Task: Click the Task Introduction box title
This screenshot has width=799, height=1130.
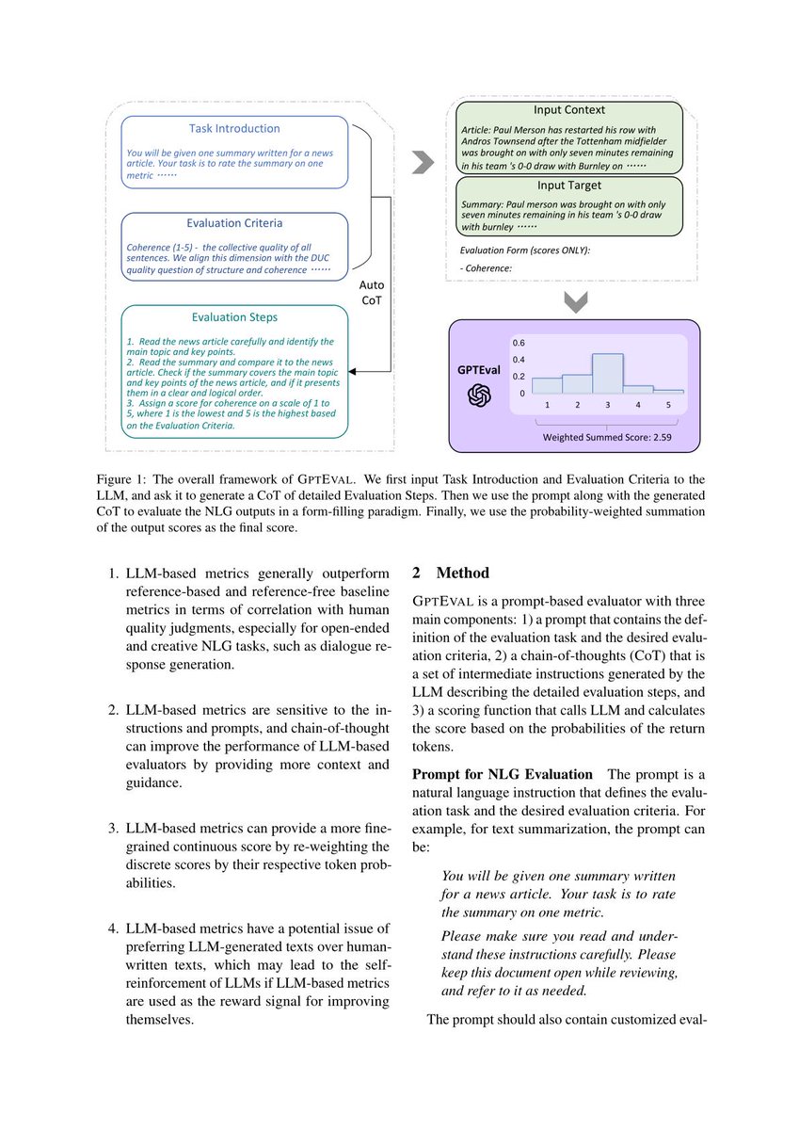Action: [234, 128]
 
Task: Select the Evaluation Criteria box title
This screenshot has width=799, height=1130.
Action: [234, 223]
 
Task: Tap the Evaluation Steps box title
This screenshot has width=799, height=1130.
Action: [234, 317]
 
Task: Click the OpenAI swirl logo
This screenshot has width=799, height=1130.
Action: [480, 396]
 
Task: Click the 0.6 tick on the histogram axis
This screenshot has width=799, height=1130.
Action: [518, 343]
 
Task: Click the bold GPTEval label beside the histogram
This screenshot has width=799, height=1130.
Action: [480, 370]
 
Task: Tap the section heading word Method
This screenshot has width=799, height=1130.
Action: [463, 573]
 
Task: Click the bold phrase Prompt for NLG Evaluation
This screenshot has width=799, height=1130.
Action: [503, 774]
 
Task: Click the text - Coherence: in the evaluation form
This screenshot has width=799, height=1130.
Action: [487, 268]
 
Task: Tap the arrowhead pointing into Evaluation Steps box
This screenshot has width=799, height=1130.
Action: [354, 372]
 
